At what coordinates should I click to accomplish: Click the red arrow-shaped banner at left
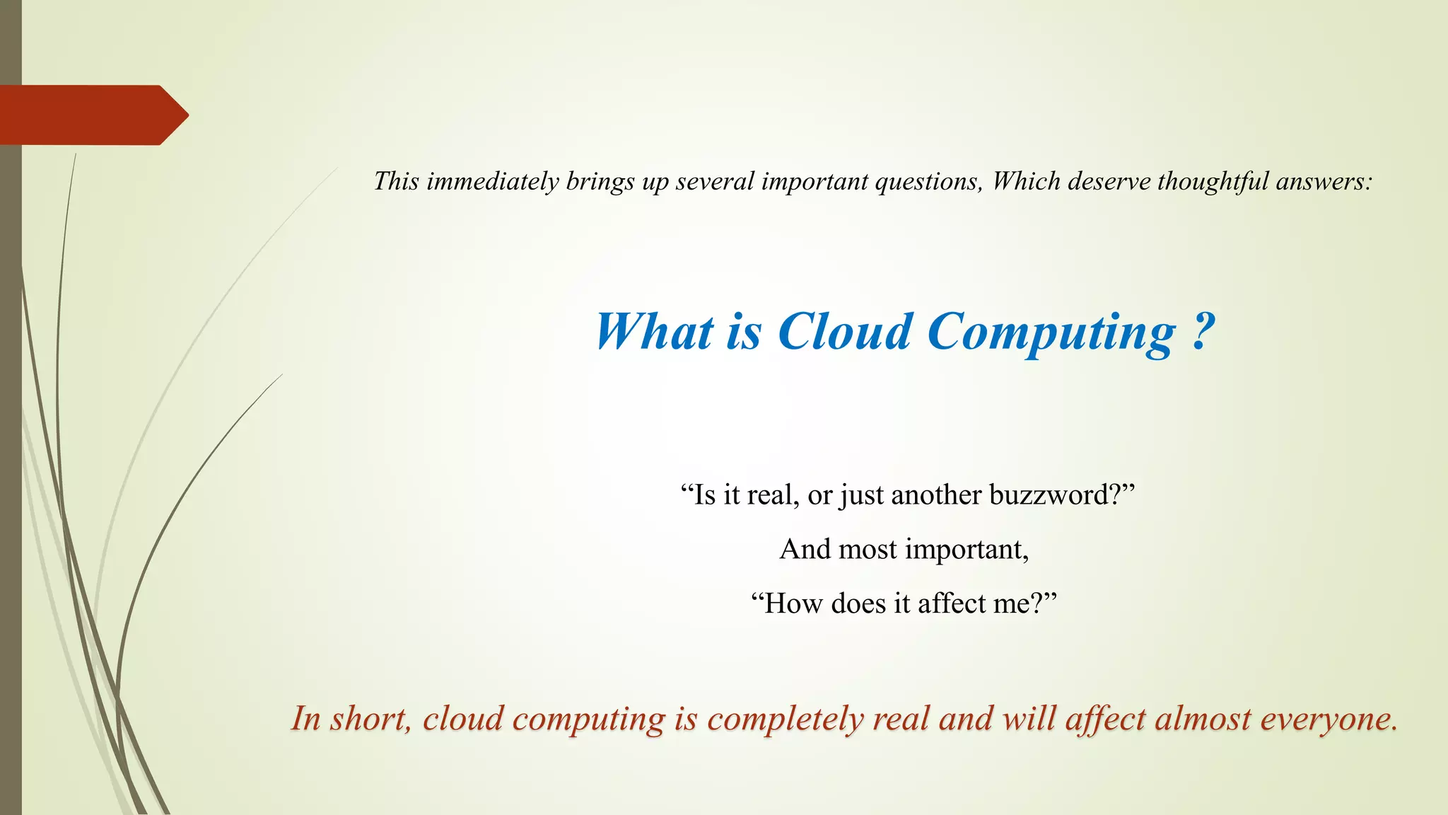(92, 115)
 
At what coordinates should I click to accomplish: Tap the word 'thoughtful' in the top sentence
(1213, 182)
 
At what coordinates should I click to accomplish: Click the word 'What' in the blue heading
(655, 332)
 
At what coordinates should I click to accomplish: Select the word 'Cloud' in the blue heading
(845, 332)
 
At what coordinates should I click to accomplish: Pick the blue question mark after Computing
(1203, 332)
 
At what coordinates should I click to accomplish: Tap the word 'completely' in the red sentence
(786, 720)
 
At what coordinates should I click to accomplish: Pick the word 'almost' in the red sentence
(1203, 719)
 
